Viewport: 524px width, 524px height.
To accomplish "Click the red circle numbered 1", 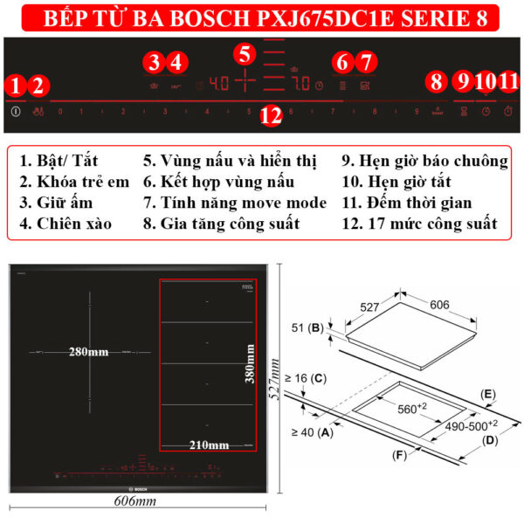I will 15,86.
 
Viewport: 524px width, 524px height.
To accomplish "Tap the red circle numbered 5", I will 245,52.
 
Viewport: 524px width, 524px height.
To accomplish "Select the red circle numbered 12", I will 272,114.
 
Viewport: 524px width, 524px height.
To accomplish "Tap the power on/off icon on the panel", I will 16,112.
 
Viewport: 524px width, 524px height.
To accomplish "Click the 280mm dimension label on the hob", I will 89,352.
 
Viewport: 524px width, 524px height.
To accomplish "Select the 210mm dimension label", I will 210,445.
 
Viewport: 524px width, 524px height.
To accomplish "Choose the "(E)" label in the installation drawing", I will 486,395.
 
